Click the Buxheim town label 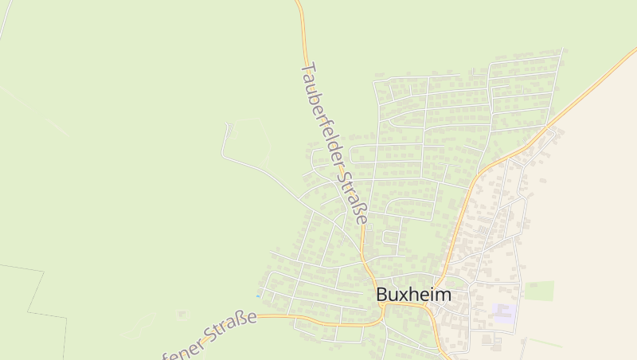point(413,295)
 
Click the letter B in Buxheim point(382,295)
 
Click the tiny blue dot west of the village point(257,297)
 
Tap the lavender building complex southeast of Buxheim point(503,311)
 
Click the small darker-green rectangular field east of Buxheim point(539,290)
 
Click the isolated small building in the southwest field point(182,313)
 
